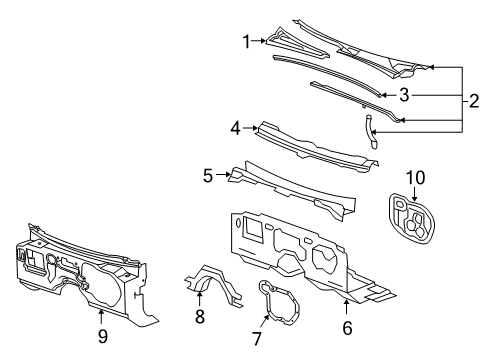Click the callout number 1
[x=245, y=41]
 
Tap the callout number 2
[x=473, y=100]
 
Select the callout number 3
[x=404, y=96]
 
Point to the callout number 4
[x=235, y=127]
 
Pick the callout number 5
[x=208, y=174]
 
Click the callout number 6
[x=347, y=326]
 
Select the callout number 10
[x=414, y=178]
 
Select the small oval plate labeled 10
[x=413, y=221]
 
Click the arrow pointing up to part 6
[x=347, y=305]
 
